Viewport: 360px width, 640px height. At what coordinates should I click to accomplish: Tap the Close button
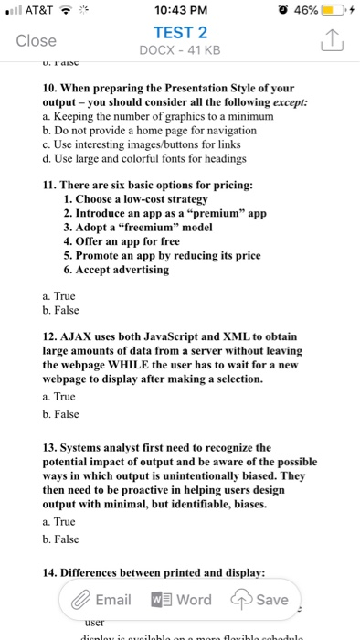click(37, 41)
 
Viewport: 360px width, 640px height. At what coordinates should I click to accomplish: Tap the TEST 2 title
click(180, 31)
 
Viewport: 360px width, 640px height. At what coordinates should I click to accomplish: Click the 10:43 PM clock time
click(179, 9)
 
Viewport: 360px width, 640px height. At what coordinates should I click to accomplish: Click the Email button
click(101, 600)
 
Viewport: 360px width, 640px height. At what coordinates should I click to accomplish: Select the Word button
click(183, 600)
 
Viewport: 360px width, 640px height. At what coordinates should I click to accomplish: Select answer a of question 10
click(137, 118)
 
